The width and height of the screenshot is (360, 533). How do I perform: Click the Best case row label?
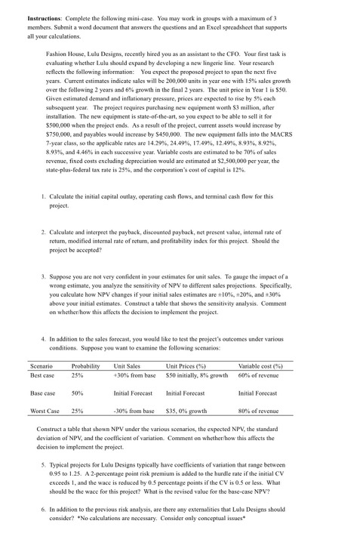[43, 374]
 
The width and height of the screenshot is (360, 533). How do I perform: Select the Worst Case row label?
[45, 412]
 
